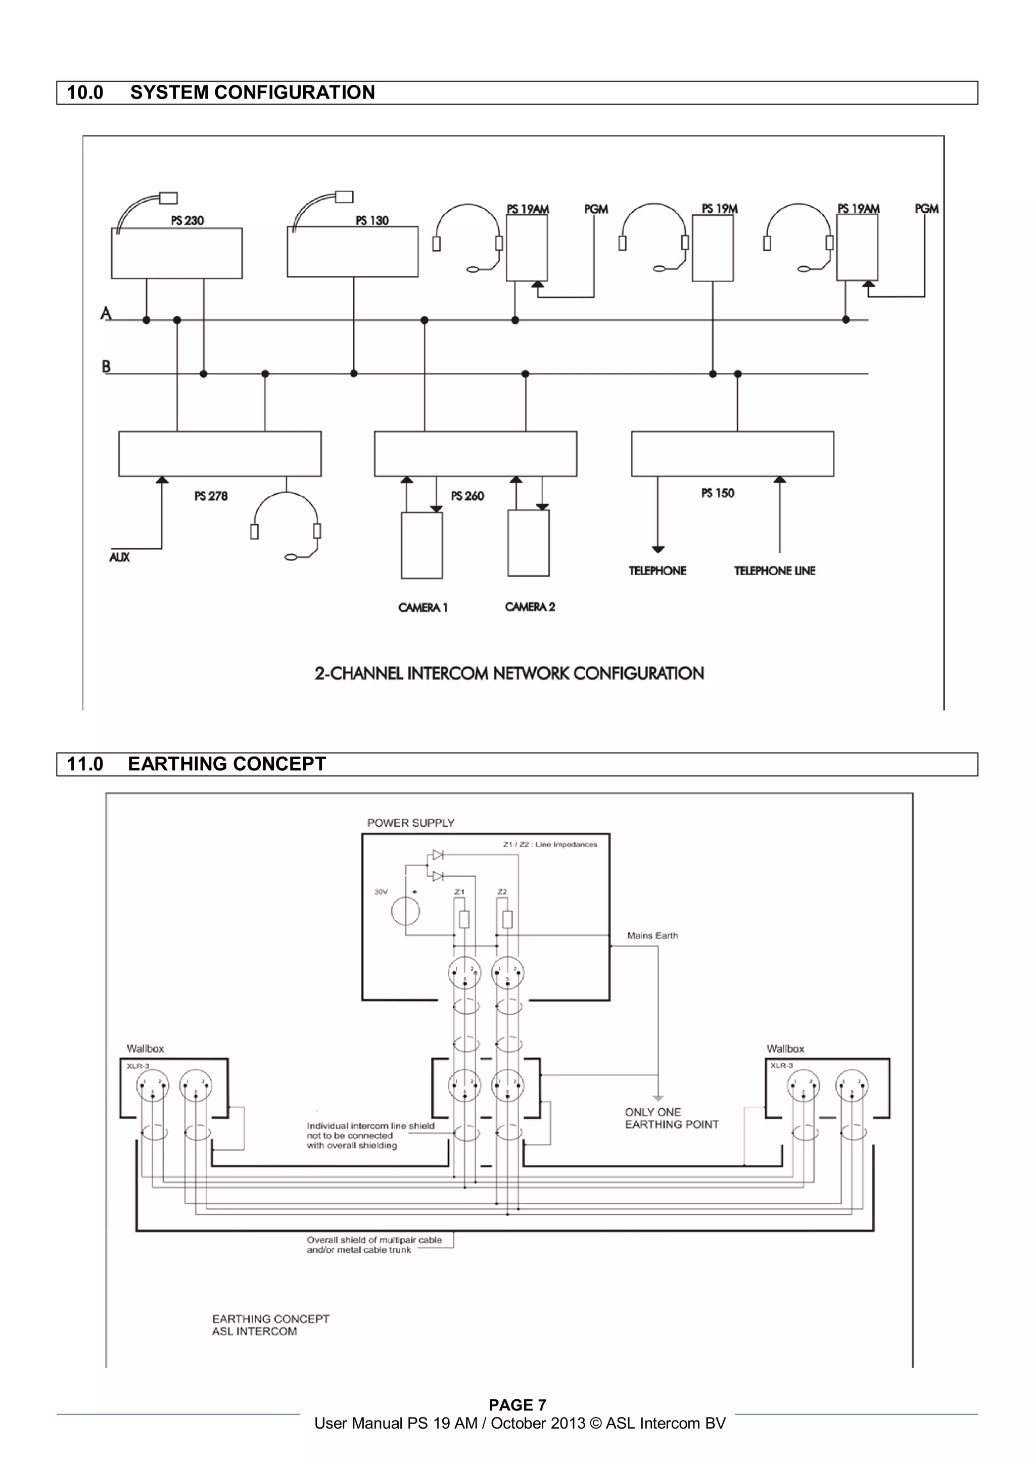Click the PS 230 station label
187,221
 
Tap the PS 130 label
372,221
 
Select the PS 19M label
719,209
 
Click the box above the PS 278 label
219,454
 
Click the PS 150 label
718,493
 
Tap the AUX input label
119,557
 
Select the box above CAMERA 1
421,545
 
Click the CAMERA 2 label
529,607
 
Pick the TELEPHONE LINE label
774,571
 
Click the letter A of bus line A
106,313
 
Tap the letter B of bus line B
106,367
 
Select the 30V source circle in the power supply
406,911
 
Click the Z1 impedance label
459,892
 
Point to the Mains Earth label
652,935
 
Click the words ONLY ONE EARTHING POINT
671,1118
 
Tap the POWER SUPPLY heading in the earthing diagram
411,823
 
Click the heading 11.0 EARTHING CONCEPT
197,764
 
